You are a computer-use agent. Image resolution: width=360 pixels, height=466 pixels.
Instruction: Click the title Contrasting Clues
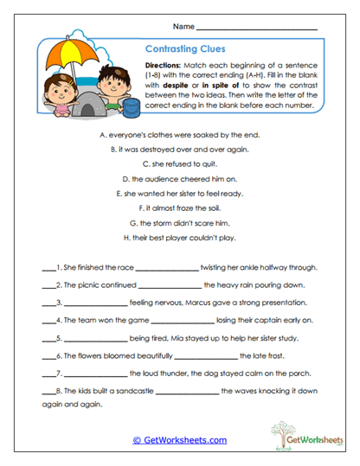coord(184,50)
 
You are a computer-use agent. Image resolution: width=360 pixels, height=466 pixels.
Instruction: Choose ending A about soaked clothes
coord(180,136)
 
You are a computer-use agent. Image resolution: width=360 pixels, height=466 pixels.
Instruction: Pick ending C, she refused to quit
coord(180,163)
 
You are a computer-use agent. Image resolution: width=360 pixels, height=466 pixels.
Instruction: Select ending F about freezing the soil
coord(180,208)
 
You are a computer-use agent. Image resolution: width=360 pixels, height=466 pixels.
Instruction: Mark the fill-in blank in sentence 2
coord(169,285)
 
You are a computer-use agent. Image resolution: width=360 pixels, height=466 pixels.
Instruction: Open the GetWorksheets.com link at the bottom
coord(179,439)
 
